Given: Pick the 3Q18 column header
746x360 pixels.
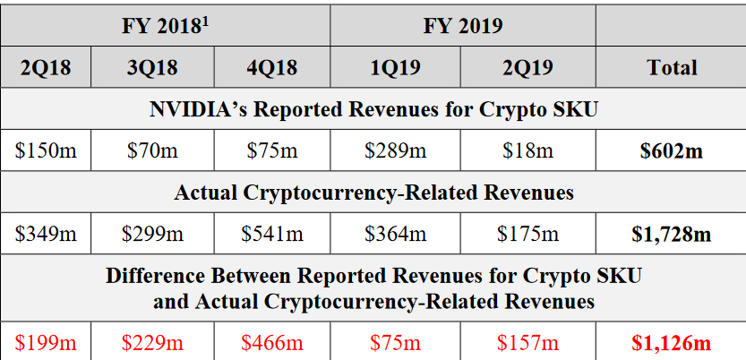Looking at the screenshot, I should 151,67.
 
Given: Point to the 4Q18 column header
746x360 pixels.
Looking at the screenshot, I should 271,67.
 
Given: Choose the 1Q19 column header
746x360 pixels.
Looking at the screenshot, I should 395,67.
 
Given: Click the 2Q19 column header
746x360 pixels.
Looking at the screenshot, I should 527,67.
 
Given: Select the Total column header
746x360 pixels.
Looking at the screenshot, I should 671,67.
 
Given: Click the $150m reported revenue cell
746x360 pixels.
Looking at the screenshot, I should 46,150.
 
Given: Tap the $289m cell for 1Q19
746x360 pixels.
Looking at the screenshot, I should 395,150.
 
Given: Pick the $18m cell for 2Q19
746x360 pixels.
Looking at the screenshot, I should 527,150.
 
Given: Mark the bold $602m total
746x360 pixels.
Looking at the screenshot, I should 671,150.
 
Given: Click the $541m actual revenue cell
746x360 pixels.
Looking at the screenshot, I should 271,234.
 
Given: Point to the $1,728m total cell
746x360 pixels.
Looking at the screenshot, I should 671,234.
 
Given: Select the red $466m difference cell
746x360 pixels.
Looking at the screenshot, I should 271,342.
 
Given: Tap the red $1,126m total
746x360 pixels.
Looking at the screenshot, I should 671,342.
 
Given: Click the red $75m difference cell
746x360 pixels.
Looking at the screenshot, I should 395,342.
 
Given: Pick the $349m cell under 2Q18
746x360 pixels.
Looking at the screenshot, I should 46,234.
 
